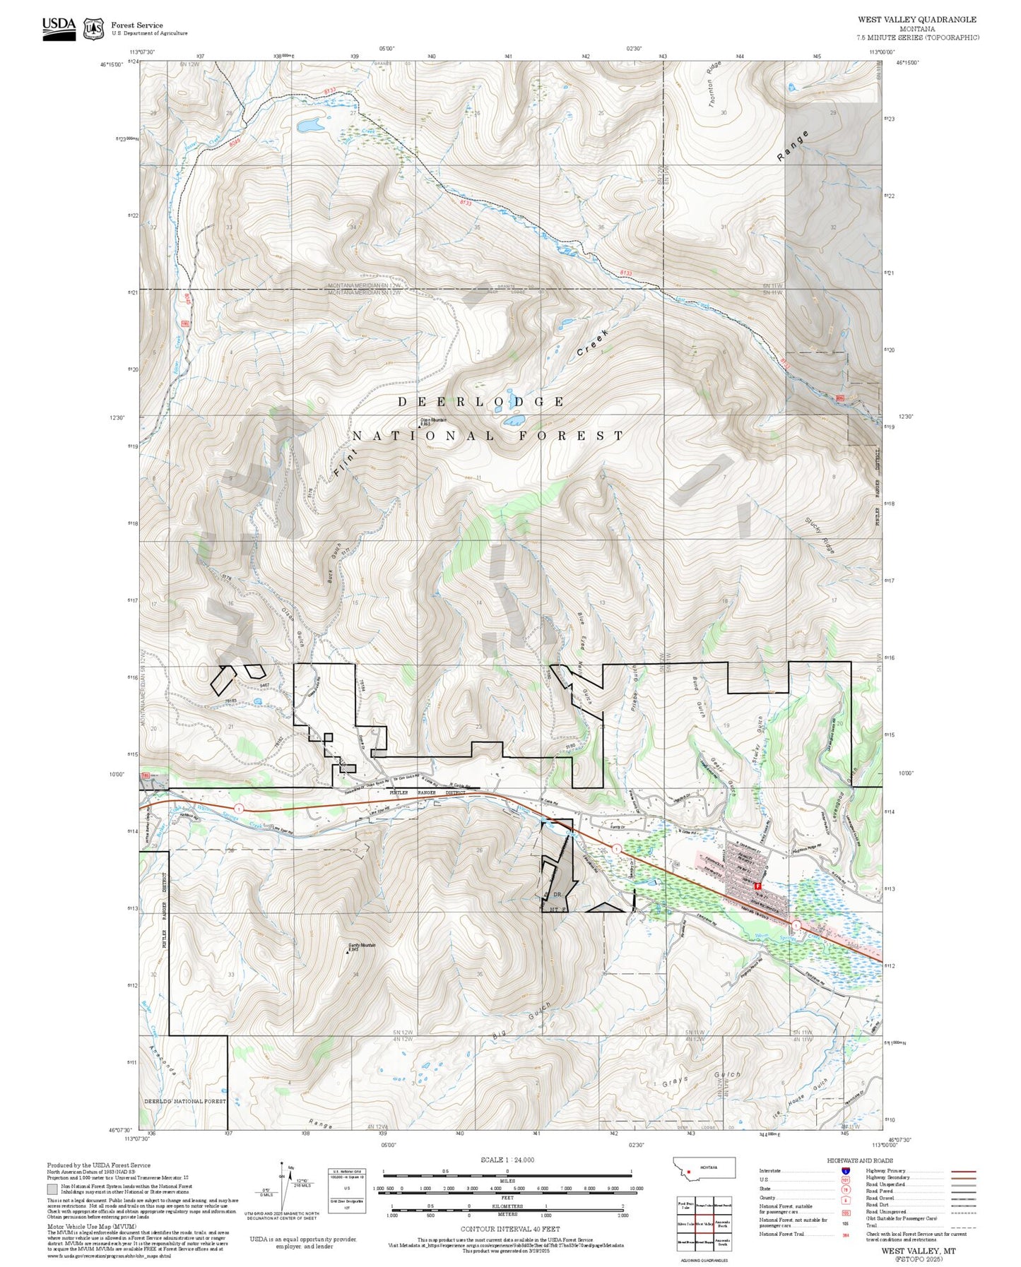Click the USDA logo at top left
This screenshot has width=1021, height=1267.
pyautogui.click(x=58, y=28)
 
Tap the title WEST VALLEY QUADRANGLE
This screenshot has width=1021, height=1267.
pyautogui.click(x=917, y=20)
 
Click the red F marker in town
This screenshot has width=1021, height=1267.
pyautogui.click(x=757, y=886)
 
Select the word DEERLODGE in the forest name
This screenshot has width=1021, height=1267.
pyautogui.click(x=480, y=402)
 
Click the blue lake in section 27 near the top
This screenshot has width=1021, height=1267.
pyautogui.click(x=309, y=126)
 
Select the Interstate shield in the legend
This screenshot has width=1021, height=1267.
pyautogui.click(x=844, y=1170)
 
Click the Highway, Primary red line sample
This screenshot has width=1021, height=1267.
pyautogui.click(x=964, y=1171)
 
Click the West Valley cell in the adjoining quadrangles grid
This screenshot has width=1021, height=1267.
pyautogui.click(x=704, y=1223)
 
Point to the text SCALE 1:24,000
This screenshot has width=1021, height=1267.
pyautogui.click(x=507, y=1160)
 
